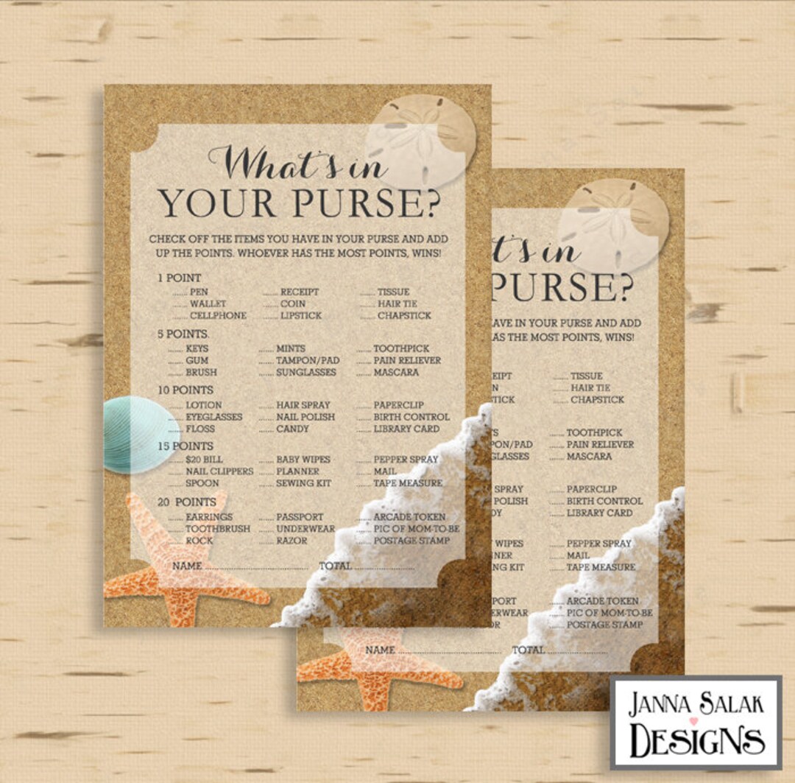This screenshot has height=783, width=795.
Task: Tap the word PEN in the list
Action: click(199, 292)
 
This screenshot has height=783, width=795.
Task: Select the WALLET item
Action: click(208, 303)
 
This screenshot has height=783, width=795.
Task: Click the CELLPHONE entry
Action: click(218, 315)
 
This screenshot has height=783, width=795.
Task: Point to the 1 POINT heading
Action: click(179, 278)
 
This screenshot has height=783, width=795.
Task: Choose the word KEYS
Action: click(197, 348)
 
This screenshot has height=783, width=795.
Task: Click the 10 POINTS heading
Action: click(185, 390)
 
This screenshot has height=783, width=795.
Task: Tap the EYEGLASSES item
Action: click(213, 417)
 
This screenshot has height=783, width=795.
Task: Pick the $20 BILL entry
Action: click(205, 460)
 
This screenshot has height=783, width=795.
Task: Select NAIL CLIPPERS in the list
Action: click(219, 471)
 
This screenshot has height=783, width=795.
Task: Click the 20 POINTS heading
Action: click(186, 502)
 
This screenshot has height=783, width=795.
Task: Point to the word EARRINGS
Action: click(209, 517)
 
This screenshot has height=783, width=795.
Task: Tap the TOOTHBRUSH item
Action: click(217, 529)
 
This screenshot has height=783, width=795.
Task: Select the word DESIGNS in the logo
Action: click(696, 740)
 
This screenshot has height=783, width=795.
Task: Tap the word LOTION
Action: click(203, 405)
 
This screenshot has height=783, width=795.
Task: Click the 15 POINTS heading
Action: click(185, 446)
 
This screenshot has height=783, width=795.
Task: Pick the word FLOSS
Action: click(200, 429)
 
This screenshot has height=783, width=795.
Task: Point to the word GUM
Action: click(197, 360)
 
